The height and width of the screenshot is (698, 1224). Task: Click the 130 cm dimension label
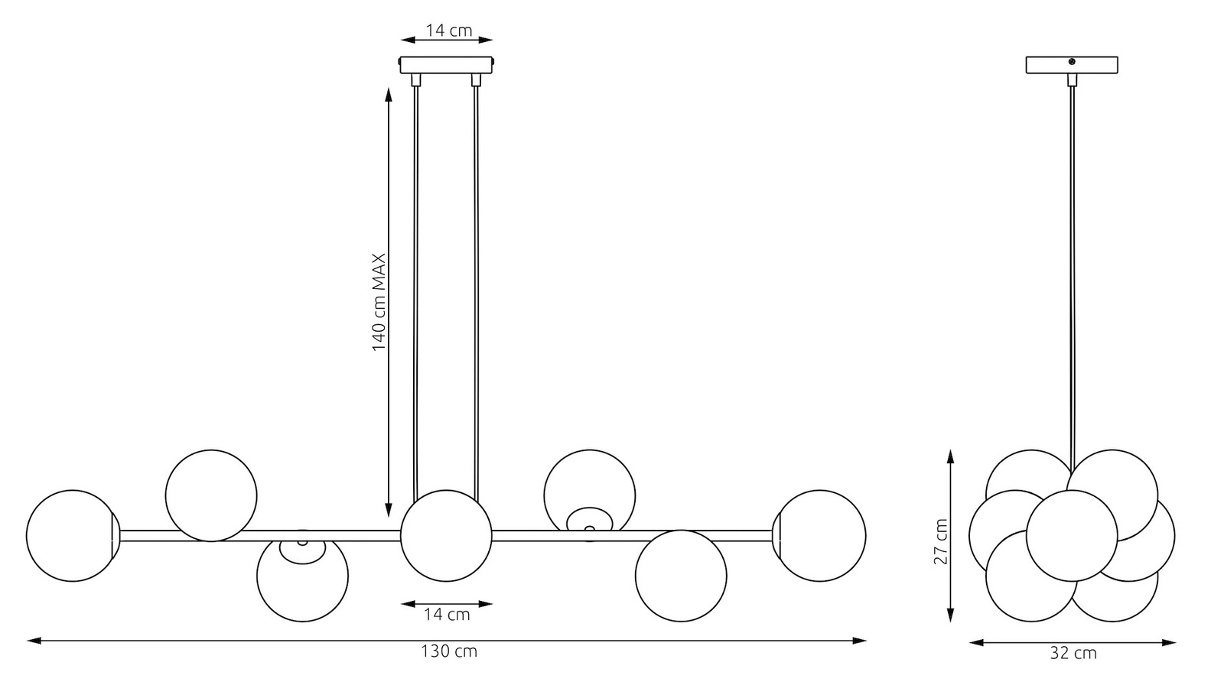(448, 651)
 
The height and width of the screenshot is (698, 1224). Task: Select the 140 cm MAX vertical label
(379, 302)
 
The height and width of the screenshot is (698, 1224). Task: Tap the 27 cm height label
(940, 541)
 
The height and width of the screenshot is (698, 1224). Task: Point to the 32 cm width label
(1073, 653)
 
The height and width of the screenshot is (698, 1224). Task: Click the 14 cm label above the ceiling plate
(448, 31)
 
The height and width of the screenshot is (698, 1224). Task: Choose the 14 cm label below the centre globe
(447, 615)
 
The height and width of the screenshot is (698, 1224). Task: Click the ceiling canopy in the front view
(447, 65)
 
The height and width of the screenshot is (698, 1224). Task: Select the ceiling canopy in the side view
(1072, 65)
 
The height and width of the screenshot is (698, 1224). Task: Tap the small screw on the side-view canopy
(1072, 62)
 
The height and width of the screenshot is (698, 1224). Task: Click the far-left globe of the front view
(72, 536)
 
